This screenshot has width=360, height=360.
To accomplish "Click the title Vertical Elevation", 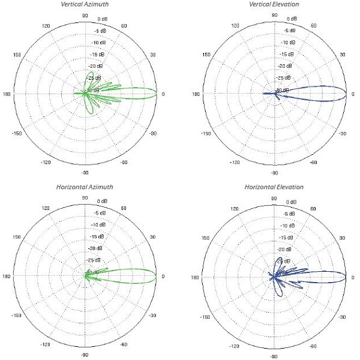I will pyautogui.click(x=274, y=5).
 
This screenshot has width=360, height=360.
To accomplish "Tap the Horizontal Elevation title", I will pyautogui.click(x=274, y=187).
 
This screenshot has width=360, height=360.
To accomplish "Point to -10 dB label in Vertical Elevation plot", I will pyautogui.click(x=289, y=43).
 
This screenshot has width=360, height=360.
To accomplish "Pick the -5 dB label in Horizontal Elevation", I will pyautogui.click(x=289, y=213).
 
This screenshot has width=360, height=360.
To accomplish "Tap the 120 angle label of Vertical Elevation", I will pyautogui.click(x=235, y=26).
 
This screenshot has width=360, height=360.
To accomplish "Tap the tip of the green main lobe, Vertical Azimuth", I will pyautogui.click(x=158, y=94).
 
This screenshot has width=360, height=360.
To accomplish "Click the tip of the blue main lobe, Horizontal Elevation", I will pyautogui.click(x=346, y=277).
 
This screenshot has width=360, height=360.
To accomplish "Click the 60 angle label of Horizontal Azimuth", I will pyautogui.click(x=124, y=209).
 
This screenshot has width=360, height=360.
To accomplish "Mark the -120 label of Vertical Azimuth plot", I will pyautogui.click(x=46, y=162).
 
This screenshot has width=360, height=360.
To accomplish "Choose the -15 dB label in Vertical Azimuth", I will pyautogui.click(x=96, y=55).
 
